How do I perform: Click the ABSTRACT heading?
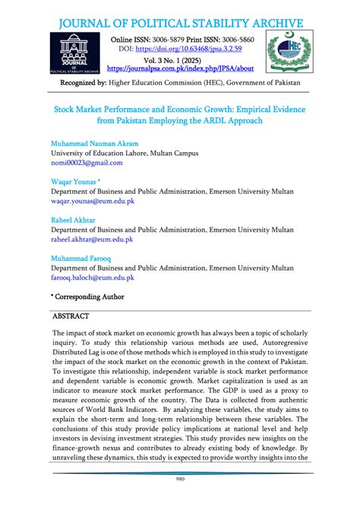coord(71,315)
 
